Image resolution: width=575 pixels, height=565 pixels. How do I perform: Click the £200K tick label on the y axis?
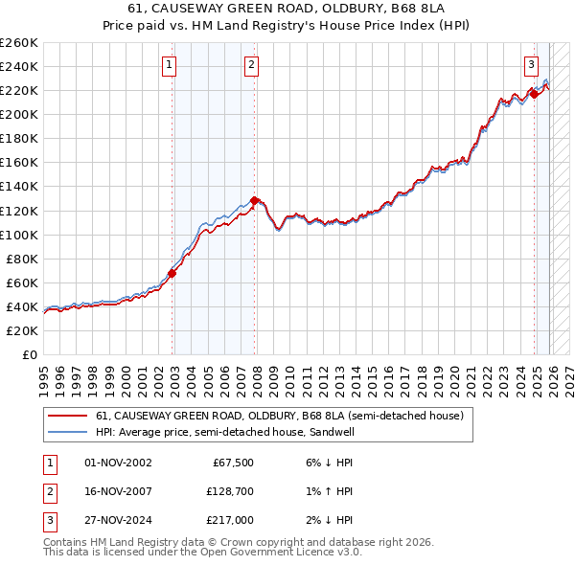pyautogui.click(x=18, y=114)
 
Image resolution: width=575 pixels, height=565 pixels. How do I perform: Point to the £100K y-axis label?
pyautogui.click(x=18, y=235)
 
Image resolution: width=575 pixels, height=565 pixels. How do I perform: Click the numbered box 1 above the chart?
pyautogui.click(x=169, y=65)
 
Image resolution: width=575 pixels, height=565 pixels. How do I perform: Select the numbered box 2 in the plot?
pyautogui.click(x=251, y=65)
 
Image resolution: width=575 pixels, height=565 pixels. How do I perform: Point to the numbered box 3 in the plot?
pyautogui.click(x=530, y=65)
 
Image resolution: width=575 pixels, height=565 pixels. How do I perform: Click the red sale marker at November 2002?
pyautogui.click(x=172, y=273)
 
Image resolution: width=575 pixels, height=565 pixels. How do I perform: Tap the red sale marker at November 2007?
pyautogui.click(x=254, y=200)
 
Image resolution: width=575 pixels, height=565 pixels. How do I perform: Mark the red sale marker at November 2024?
pyautogui.click(x=534, y=94)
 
